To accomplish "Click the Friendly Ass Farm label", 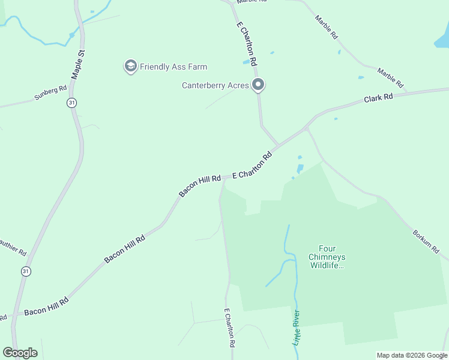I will tap(173, 67).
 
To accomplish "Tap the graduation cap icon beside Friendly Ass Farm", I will tap(130, 67).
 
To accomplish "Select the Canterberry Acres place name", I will tap(215, 85).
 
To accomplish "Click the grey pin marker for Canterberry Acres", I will tap(259, 85).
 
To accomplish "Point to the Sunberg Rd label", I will tap(50, 92).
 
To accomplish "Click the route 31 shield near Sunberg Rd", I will tap(72, 103).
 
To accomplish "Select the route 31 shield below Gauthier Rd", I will tap(25, 271).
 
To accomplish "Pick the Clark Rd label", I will tap(378, 97).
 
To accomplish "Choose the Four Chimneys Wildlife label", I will tap(327, 256).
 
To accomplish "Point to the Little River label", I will tap(298, 328).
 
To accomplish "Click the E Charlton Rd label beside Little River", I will tap(228, 328).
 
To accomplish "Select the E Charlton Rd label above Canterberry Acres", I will tap(247, 44).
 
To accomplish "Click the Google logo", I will tap(20, 353).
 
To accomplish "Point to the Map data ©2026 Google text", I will tap(412, 355).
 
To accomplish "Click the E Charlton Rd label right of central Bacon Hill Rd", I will tap(252, 166).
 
